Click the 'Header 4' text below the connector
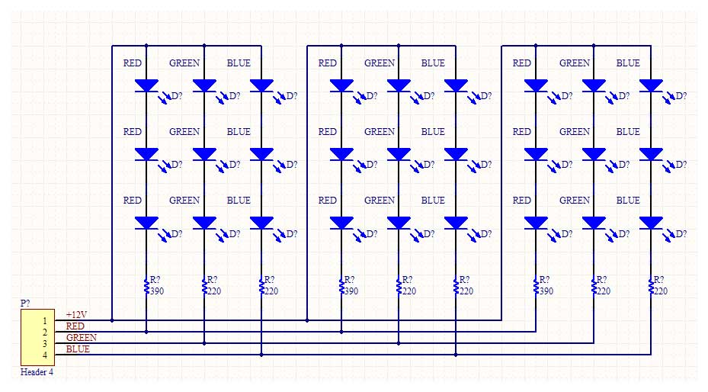click(37, 373)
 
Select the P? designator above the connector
click(25, 304)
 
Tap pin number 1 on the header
click(44, 321)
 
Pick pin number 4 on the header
click(44, 355)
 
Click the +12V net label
click(76, 315)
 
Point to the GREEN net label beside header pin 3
click(82, 338)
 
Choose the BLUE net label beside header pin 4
click(78, 349)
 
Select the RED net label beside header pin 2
click(75, 326)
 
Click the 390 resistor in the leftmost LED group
click(146, 286)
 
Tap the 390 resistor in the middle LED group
click(341, 286)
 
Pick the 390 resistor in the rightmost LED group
click(537, 286)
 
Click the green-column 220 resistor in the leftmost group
click(203, 286)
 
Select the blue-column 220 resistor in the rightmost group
click(651, 286)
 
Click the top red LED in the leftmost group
click(146, 86)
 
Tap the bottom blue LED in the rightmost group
click(651, 223)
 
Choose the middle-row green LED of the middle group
click(399, 154)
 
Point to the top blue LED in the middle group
click(456, 86)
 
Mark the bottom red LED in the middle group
click(341, 223)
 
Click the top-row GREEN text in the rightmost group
click(575, 63)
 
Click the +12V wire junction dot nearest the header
click(112, 320)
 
